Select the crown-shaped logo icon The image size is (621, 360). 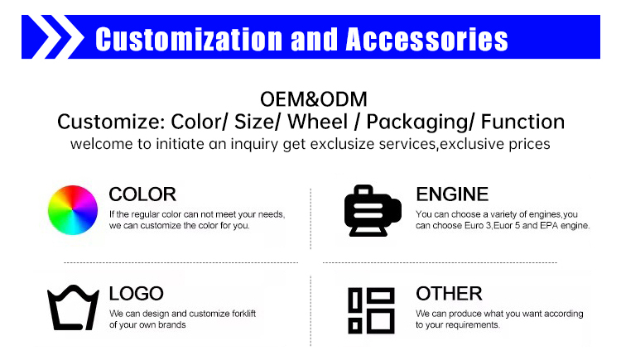72,309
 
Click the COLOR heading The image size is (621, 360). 142,194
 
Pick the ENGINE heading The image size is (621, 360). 451,194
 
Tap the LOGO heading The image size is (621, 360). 137,294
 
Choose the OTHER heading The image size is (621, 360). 449,294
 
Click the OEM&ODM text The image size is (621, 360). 310,99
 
